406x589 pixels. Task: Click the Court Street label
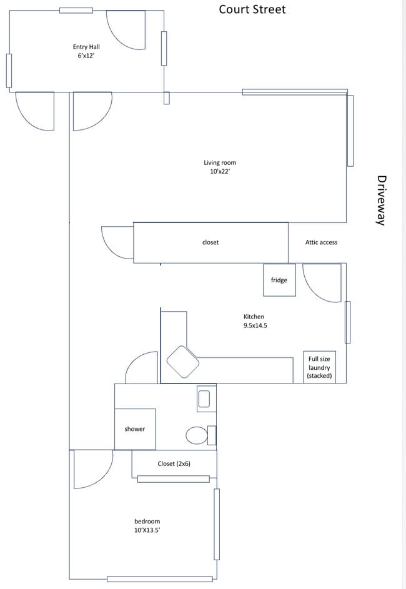click(x=252, y=9)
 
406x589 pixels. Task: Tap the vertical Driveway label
click(x=382, y=200)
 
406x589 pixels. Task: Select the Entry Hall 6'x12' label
click(x=86, y=51)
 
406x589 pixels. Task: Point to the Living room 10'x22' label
click(x=220, y=167)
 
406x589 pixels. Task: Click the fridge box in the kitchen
click(x=279, y=280)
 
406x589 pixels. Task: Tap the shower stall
click(x=134, y=428)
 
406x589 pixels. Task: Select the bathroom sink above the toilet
click(x=204, y=398)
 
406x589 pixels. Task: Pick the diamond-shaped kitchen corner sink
click(x=182, y=362)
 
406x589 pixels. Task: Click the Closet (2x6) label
click(x=174, y=463)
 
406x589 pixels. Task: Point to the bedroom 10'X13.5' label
click(x=147, y=525)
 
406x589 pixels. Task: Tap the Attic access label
click(x=321, y=242)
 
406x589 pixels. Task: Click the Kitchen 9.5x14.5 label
click(x=254, y=321)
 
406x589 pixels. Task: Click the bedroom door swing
click(x=92, y=468)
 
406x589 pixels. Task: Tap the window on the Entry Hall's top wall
click(x=76, y=10)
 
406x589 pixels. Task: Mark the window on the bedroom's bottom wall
click(x=159, y=578)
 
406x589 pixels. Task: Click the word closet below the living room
click(x=210, y=242)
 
